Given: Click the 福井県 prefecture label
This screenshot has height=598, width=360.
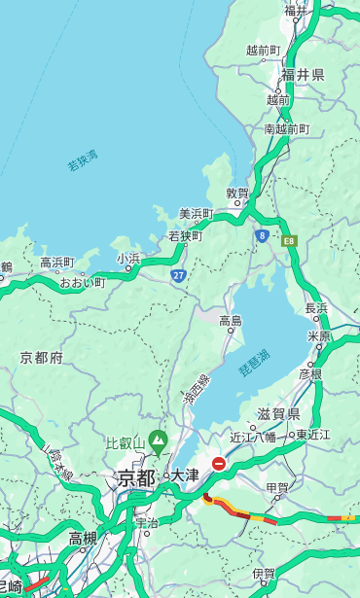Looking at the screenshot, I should (x=303, y=75).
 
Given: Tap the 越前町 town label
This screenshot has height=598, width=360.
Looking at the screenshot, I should (x=264, y=50).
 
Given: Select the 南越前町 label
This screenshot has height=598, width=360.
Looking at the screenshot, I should (x=286, y=128).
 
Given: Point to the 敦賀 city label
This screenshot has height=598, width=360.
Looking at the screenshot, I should (x=237, y=193).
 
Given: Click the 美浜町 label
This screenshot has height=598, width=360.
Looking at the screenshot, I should (x=196, y=214).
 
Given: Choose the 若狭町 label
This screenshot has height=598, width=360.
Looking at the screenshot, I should (x=185, y=236).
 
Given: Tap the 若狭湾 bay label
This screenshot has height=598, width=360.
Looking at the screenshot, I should (x=83, y=160).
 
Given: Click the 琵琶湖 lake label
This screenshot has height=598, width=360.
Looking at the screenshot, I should (x=254, y=364).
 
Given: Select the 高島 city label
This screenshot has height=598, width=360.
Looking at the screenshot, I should (x=231, y=321).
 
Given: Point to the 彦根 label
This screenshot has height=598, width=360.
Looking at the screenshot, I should (x=309, y=373).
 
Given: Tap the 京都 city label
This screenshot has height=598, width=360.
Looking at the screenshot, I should (x=136, y=477).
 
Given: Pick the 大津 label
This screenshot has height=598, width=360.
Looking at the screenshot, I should (x=185, y=475).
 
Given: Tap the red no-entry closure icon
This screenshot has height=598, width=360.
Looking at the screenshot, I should (x=220, y=464).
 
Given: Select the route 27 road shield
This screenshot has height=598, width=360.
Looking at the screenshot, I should (x=179, y=276).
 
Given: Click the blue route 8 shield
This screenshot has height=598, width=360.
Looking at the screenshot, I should (x=262, y=235).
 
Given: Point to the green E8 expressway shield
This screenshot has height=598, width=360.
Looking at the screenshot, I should (x=289, y=238).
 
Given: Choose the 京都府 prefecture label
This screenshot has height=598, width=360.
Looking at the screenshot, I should (x=42, y=358).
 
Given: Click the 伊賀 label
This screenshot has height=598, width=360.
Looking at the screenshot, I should (x=264, y=574).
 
